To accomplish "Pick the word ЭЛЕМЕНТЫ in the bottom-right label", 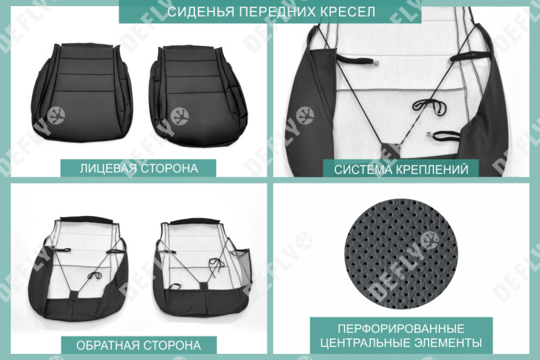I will (449, 342).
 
